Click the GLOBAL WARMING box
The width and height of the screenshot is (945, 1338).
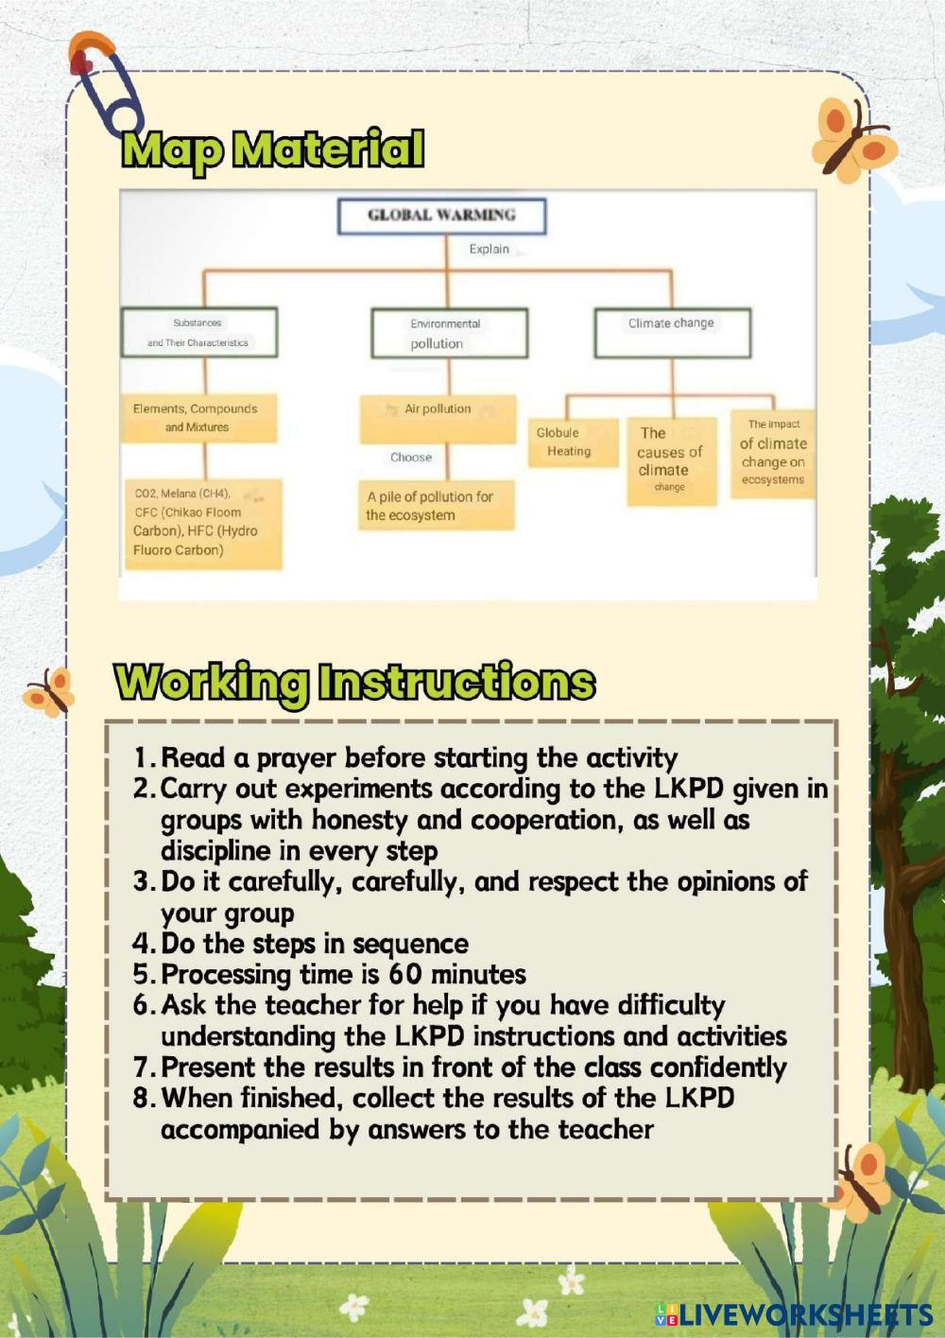pyautogui.click(x=441, y=216)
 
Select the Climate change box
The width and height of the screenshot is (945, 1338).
pyautogui.click(x=672, y=332)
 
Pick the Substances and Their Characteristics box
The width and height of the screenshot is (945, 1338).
pyautogui.click(x=198, y=332)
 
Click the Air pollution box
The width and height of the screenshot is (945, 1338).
pyautogui.click(x=438, y=419)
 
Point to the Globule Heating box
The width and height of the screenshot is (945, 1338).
pyautogui.click(x=569, y=442)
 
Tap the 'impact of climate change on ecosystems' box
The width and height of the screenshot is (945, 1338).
pyautogui.click(x=773, y=453)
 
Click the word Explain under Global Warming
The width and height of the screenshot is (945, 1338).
pyautogui.click(x=490, y=250)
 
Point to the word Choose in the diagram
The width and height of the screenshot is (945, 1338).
pyautogui.click(x=411, y=458)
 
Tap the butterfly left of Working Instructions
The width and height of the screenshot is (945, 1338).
pyautogui.click(x=50, y=688)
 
